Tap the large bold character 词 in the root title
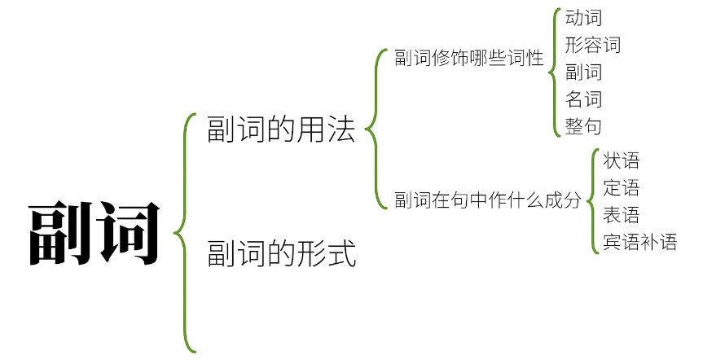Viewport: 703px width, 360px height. click(127, 233)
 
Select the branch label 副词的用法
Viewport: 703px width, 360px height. click(282, 130)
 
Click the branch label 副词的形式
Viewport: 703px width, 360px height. click(282, 252)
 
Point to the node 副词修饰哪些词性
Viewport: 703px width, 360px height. click(468, 59)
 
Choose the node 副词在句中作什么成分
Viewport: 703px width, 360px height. click(488, 200)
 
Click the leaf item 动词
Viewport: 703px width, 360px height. click(583, 17)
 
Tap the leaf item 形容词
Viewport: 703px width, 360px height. click(592, 44)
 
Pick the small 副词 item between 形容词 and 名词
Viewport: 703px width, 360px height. click(583, 72)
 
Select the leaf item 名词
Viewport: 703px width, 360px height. click(583, 99)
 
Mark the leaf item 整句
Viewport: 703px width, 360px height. click(583, 126)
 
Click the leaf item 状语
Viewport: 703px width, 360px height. click(621, 160)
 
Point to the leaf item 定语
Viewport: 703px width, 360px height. click(621, 188)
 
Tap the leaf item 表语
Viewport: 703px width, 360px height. click(621, 215)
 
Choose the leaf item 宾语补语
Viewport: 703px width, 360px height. click(639, 242)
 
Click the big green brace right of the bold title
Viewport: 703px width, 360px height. click(184, 233)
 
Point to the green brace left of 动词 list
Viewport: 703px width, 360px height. click(555, 72)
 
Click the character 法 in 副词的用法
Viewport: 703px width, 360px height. click(344, 130)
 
